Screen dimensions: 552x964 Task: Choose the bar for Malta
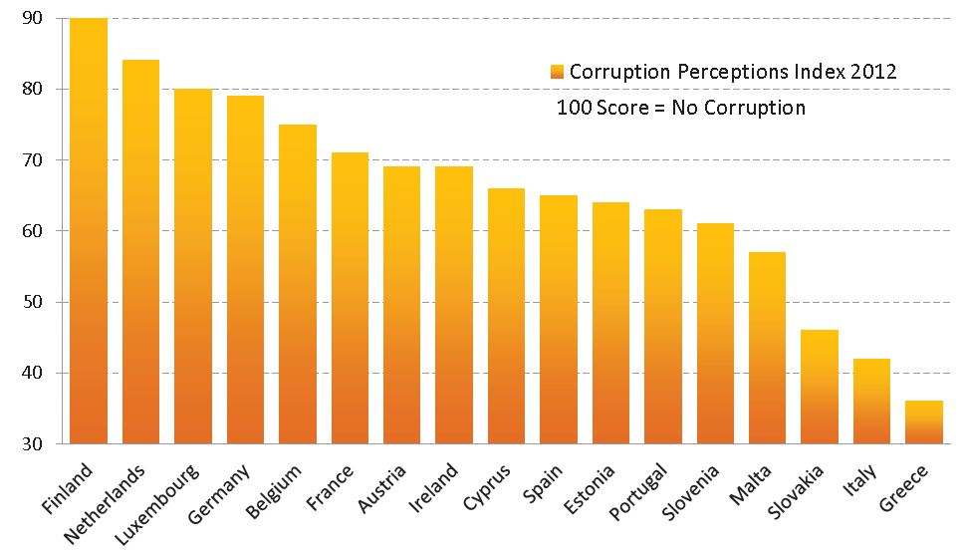click(767, 348)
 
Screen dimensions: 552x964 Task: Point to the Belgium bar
click(297, 284)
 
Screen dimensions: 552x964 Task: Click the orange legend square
click(557, 72)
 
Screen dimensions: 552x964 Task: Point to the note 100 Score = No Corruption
click(681, 108)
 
